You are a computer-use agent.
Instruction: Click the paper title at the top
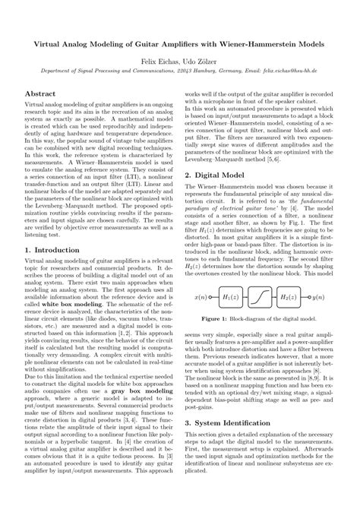tap(180, 46)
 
